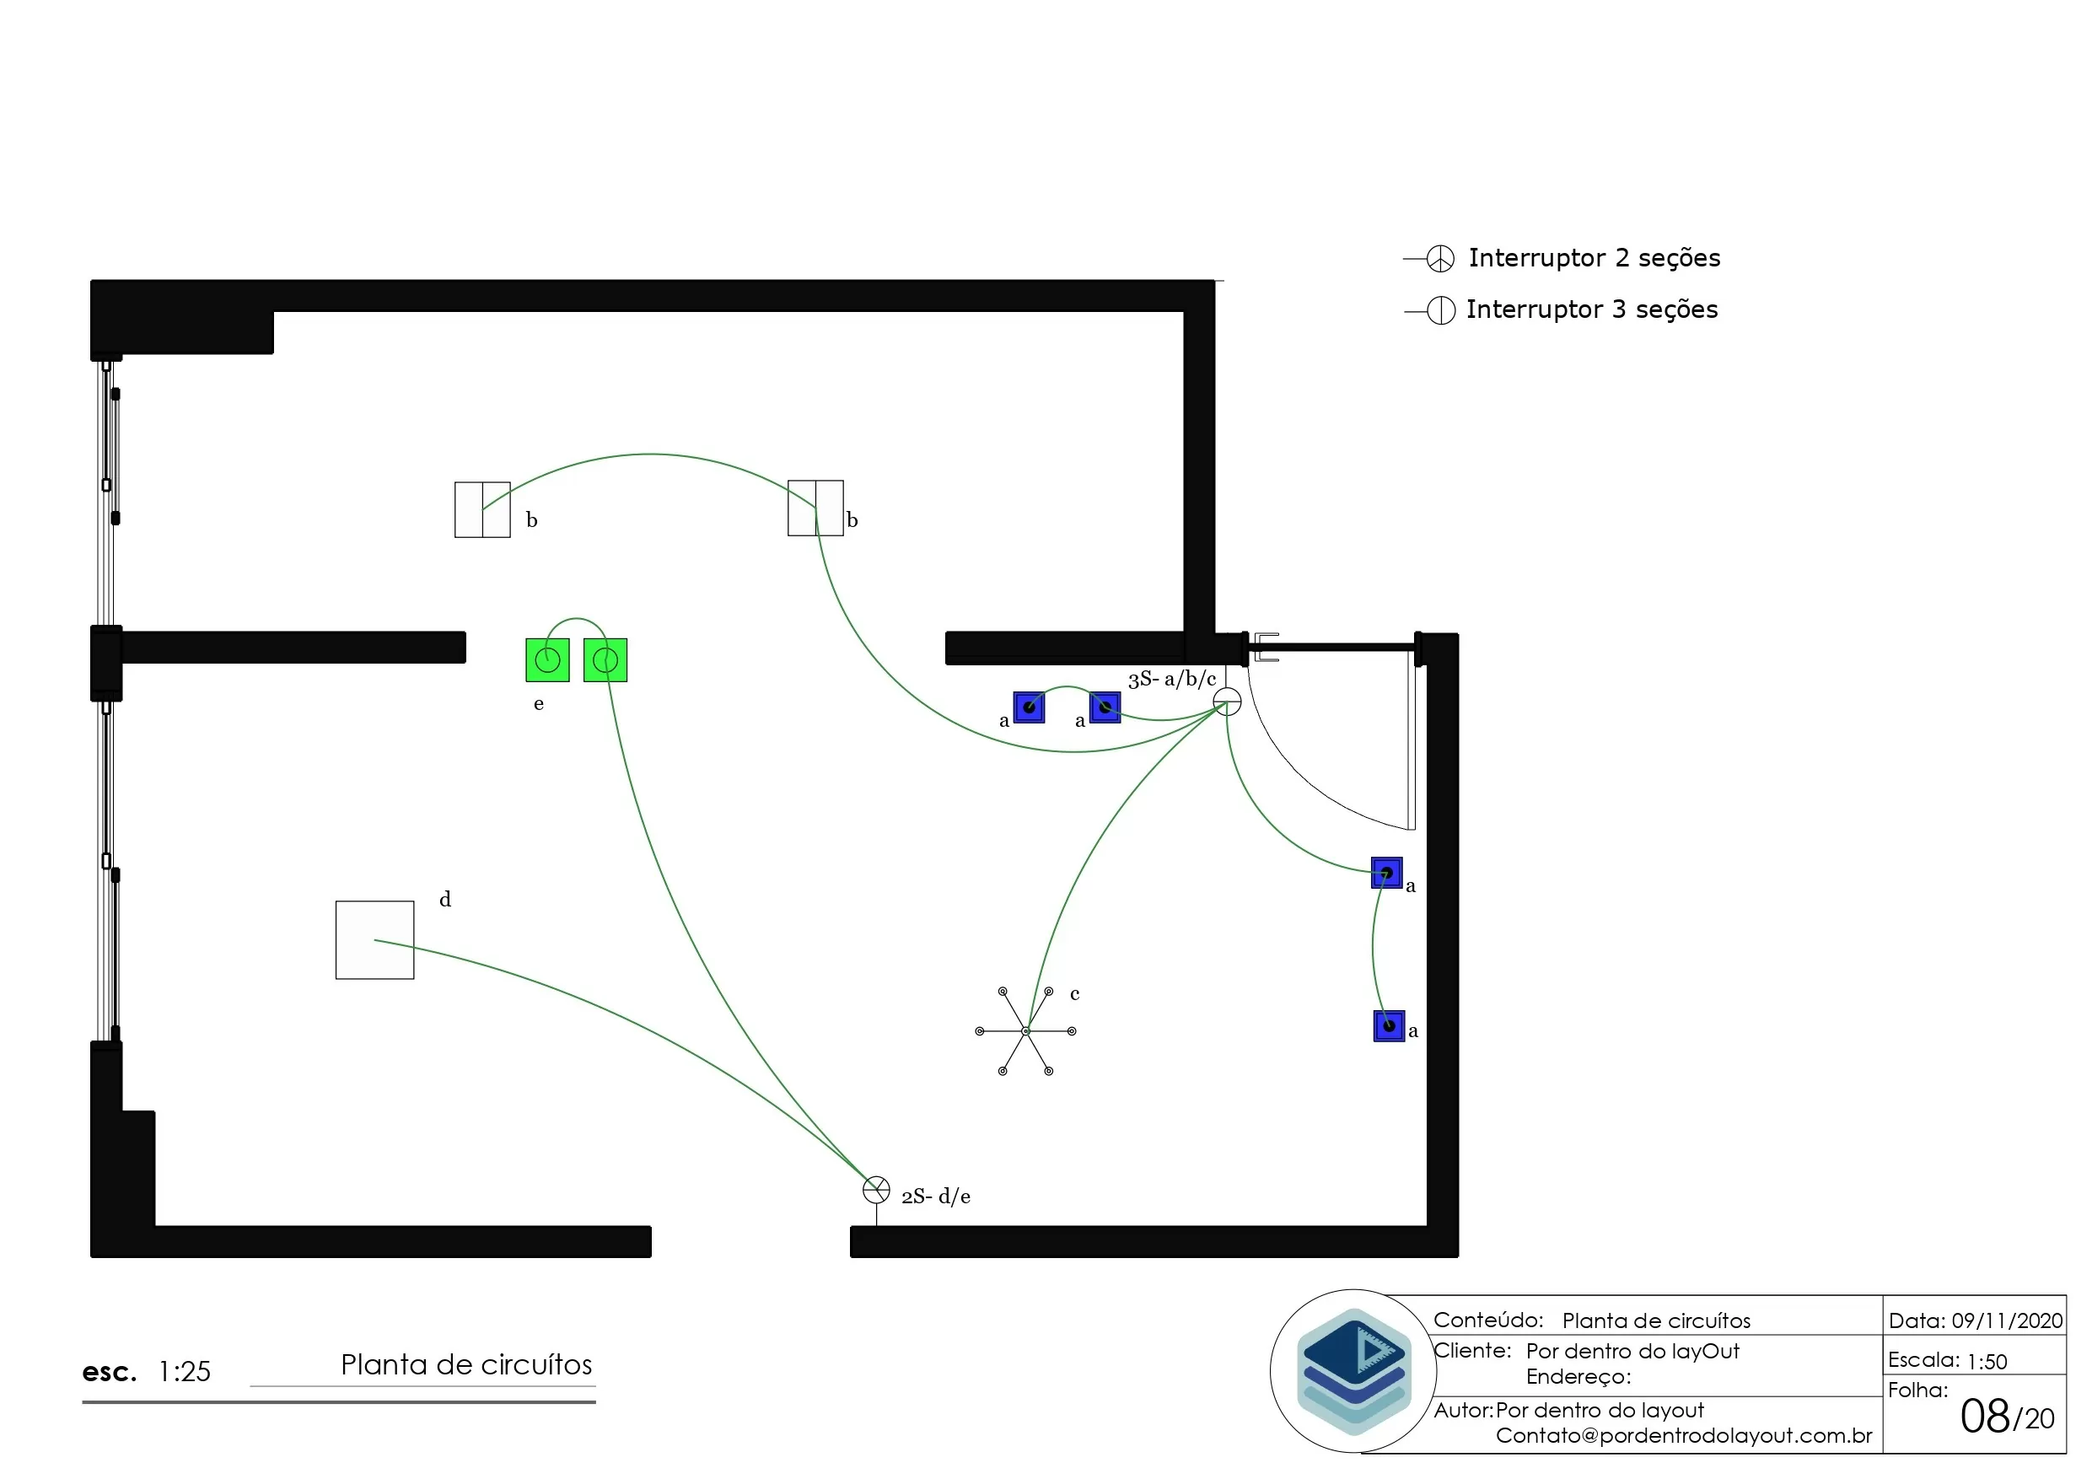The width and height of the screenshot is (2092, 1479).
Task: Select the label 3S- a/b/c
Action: click(x=1172, y=679)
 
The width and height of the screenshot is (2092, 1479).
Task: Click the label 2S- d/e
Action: click(x=936, y=1197)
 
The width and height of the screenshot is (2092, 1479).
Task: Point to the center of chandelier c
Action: click(x=1026, y=1030)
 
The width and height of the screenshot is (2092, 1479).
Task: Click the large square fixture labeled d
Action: click(x=374, y=939)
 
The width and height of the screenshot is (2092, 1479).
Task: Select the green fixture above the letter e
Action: click(x=547, y=659)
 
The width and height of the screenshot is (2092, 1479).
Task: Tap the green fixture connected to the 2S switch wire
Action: click(x=605, y=659)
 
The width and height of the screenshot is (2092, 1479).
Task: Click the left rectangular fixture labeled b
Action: click(x=482, y=509)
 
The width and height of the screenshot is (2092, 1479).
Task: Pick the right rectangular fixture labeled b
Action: click(x=815, y=508)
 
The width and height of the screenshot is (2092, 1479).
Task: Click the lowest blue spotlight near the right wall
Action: click(x=1389, y=1026)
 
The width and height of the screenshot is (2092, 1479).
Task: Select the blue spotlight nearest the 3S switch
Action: click(x=1105, y=707)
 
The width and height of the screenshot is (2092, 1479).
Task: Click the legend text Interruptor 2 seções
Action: click(x=1595, y=258)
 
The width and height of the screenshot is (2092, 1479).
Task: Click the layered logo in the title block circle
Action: click(x=1354, y=1370)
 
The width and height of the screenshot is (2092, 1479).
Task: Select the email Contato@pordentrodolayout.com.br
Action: click(x=1684, y=1435)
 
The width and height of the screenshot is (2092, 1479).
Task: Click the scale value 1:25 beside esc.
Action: click(x=184, y=1371)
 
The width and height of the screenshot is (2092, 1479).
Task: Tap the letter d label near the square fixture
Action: click(x=445, y=900)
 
